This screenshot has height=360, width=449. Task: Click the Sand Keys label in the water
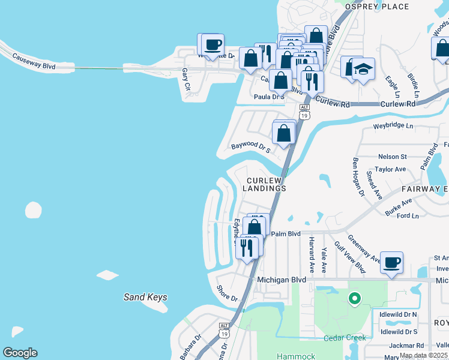coord(145,297)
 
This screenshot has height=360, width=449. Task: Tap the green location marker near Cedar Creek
coord(355,298)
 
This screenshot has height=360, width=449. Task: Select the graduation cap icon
coord(363,70)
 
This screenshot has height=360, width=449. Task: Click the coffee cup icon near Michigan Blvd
coord(391,263)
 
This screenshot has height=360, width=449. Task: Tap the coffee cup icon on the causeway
coord(212,45)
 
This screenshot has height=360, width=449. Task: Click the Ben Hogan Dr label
coord(358,176)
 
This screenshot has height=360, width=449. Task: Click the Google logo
coord(20,353)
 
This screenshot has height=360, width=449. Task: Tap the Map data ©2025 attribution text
coord(423,355)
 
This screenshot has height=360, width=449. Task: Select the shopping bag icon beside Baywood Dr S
coord(285,133)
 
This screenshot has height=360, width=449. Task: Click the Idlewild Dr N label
coord(398,314)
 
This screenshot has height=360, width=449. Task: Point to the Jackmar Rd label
coord(406,346)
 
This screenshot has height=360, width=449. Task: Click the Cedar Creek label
coord(345,338)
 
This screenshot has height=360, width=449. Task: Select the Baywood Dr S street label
coord(251,146)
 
